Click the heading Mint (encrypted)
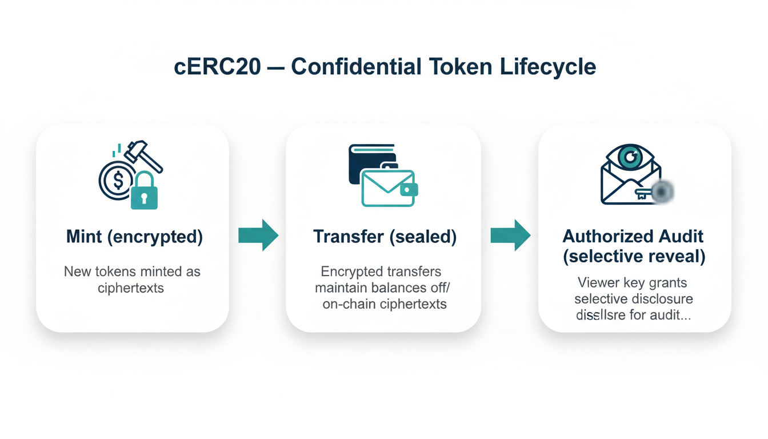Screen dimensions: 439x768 [134, 236]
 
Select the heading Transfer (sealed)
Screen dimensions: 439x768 [385, 236]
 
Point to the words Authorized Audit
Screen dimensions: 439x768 [633, 236]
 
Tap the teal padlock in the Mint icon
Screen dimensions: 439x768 [144, 192]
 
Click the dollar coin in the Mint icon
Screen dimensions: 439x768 [117, 180]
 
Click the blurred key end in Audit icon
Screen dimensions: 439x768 [662, 193]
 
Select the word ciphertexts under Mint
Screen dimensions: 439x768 [131, 288]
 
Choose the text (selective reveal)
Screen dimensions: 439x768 [634, 256]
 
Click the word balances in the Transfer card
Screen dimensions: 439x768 [400, 288]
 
